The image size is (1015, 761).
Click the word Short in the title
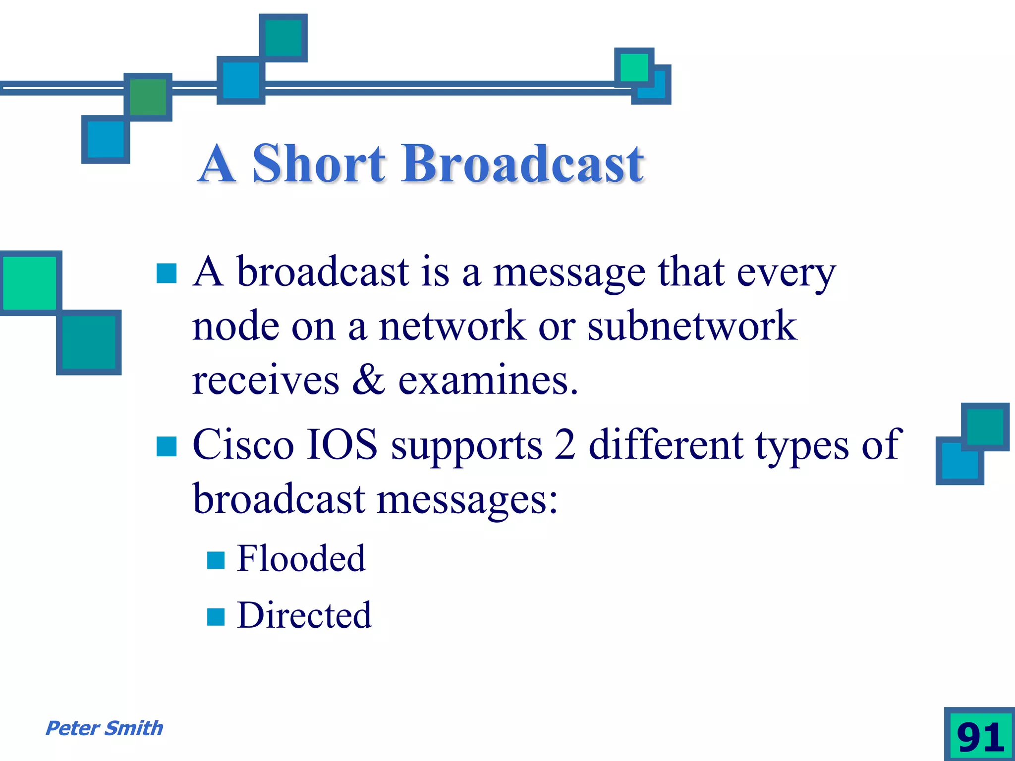(x=319, y=163)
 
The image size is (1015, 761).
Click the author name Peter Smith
(x=104, y=728)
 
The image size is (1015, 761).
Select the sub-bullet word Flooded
(x=301, y=558)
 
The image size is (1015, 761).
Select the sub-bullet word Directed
(x=304, y=615)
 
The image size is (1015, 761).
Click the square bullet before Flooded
(x=216, y=560)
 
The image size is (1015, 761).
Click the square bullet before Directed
(x=216, y=617)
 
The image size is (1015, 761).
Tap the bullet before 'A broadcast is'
(x=167, y=273)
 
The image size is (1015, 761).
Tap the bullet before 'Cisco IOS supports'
(x=167, y=446)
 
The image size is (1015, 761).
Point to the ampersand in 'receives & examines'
(x=369, y=380)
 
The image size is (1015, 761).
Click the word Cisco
(x=243, y=444)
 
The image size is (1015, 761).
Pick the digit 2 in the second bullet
(x=565, y=444)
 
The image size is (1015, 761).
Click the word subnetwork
(x=692, y=326)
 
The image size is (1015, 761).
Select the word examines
(x=488, y=380)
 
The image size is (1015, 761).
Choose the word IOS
(x=342, y=444)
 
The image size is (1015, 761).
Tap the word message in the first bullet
(x=569, y=273)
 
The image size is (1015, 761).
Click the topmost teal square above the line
(x=283, y=38)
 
